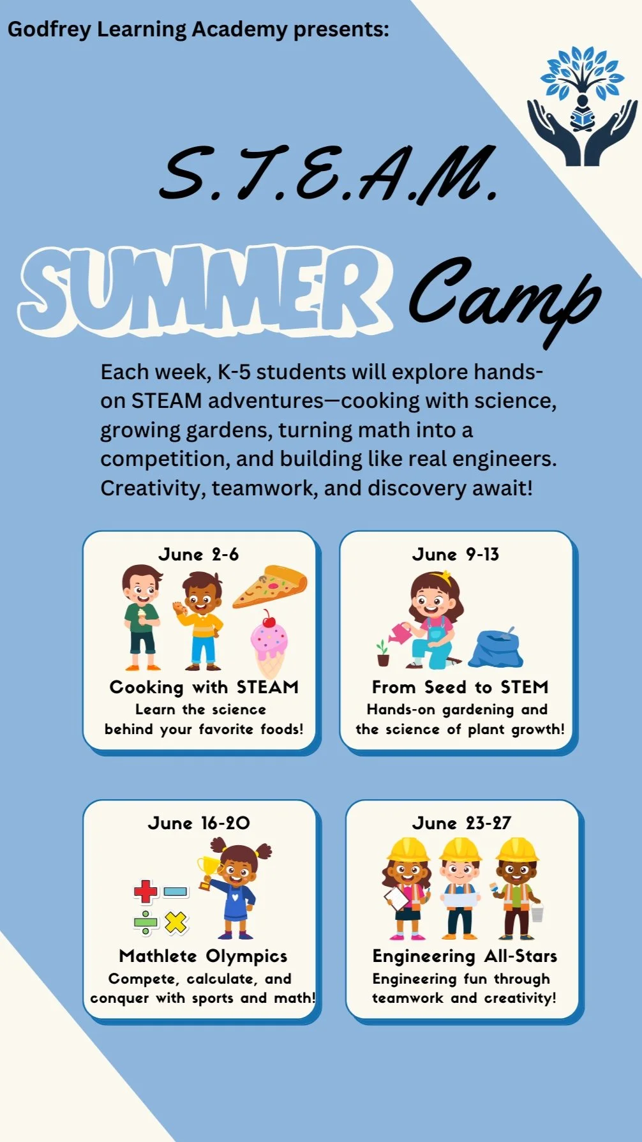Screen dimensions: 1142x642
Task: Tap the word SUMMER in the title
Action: click(204, 290)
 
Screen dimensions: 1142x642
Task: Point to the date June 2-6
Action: click(198, 554)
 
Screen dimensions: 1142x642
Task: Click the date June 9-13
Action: click(456, 554)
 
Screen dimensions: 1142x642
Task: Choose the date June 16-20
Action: click(198, 823)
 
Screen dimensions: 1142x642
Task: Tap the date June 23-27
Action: click(461, 823)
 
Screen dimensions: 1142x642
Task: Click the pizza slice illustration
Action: click(271, 585)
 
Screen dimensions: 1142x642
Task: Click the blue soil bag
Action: click(496, 649)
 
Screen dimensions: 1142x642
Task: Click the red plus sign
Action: click(146, 891)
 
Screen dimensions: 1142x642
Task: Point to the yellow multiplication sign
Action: click(175, 922)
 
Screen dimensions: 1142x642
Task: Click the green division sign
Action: click(146, 922)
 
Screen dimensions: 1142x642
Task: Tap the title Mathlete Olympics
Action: click(203, 956)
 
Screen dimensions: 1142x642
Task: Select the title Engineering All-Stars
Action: click(465, 956)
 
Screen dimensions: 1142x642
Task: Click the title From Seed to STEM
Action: click(460, 687)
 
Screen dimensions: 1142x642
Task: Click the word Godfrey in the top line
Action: click(49, 29)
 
